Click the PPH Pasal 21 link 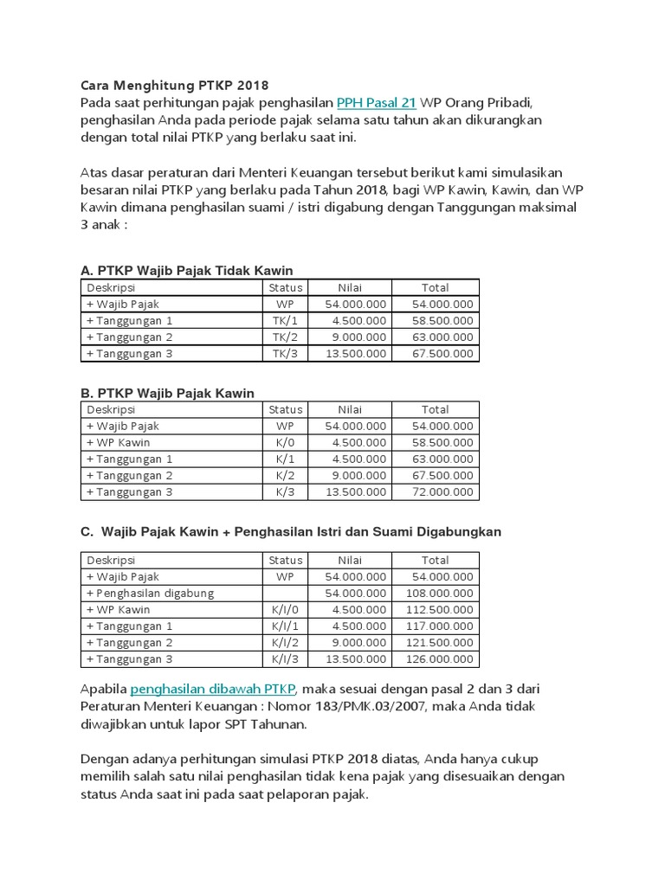pos(377,102)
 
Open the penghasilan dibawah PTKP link pos(213,689)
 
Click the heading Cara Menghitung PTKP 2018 pos(175,86)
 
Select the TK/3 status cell pos(285,353)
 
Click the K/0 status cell pos(285,442)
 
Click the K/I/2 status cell pos(285,642)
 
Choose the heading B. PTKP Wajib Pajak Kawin pos(168,393)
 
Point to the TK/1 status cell pos(285,320)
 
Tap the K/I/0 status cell pos(285,609)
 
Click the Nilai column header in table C pos(350,560)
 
